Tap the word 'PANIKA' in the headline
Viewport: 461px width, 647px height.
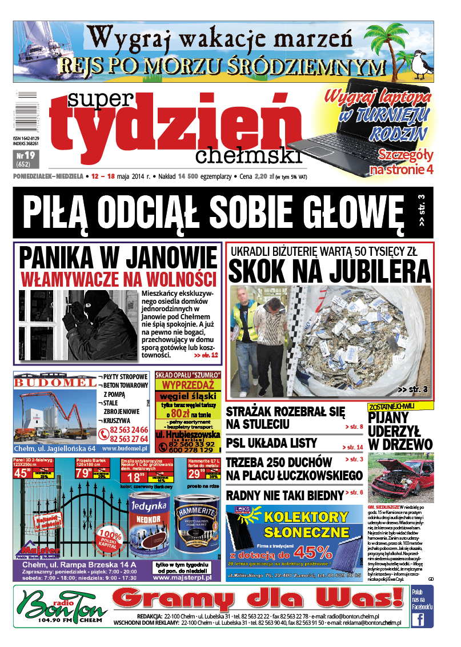coord(63,259)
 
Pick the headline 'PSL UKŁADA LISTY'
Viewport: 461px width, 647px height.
coord(271,443)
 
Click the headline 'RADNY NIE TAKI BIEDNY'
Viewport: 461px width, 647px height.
coord(284,495)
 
